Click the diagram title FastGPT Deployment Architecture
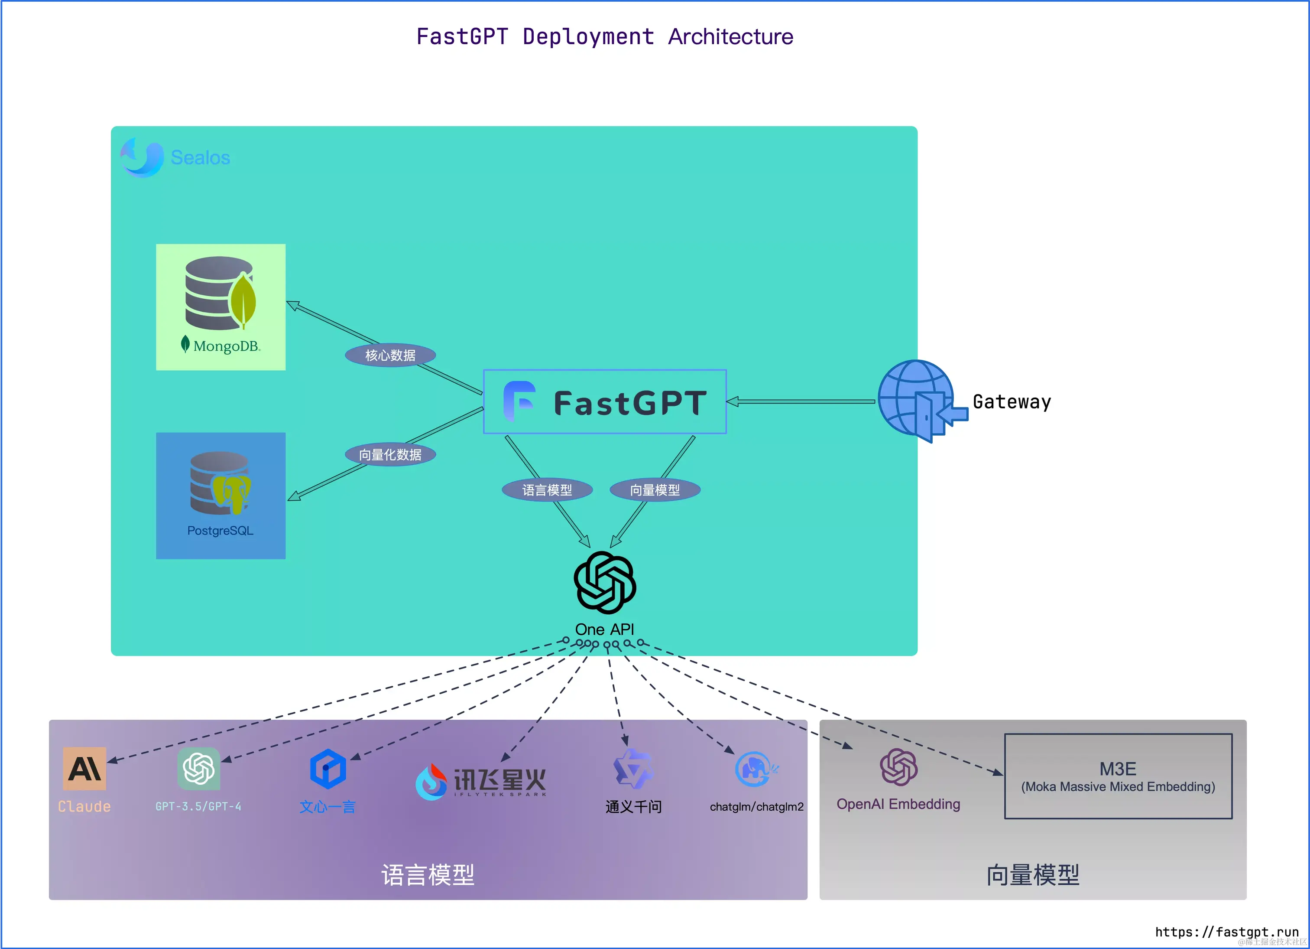click(x=605, y=36)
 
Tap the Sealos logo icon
click(x=142, y=157)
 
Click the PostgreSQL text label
click(x=220, y=531)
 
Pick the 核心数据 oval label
click(x=390, y=355)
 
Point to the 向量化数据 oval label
click(x=390, y=455)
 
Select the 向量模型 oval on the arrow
click(x=655, y=490)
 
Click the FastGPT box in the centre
click(x=605, y=402)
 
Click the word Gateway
click(x=1012, y=402)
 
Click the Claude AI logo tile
click(x=84, y=769)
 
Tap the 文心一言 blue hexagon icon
click(x=327, y=769)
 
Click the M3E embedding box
click(x=1118, y=776)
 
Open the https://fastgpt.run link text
click(x=1226, y=932)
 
